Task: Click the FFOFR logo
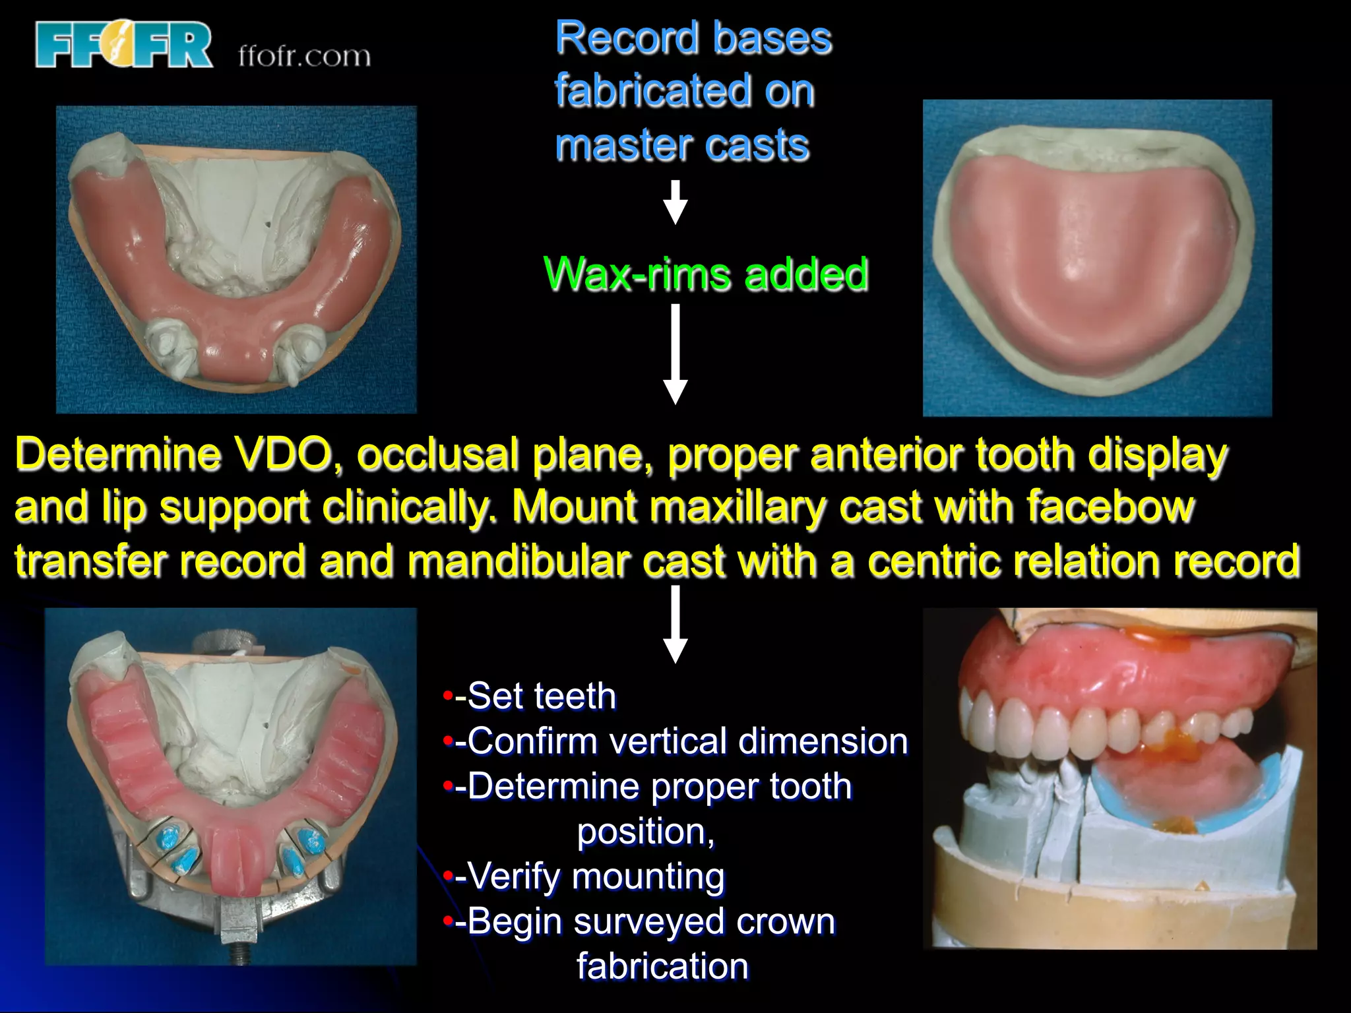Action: (124, 45)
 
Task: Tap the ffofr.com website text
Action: (304, 57)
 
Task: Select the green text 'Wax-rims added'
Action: (706, 274)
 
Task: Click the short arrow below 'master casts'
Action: (675, 202)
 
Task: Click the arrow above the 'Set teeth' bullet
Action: (675, 623)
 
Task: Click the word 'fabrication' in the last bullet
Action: (663, 967)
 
